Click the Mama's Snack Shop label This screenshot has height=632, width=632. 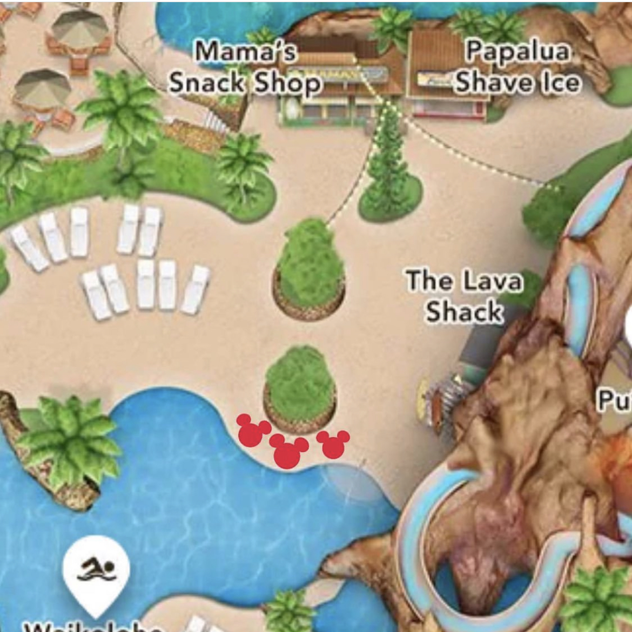(244, 68)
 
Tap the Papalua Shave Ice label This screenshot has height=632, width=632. (517, 67)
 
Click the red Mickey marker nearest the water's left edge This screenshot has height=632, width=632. (252, 431)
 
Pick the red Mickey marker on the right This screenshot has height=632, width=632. (333, 444)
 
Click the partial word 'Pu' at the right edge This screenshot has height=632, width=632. (614, 400)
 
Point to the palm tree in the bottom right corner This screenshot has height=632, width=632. (597, 599)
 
